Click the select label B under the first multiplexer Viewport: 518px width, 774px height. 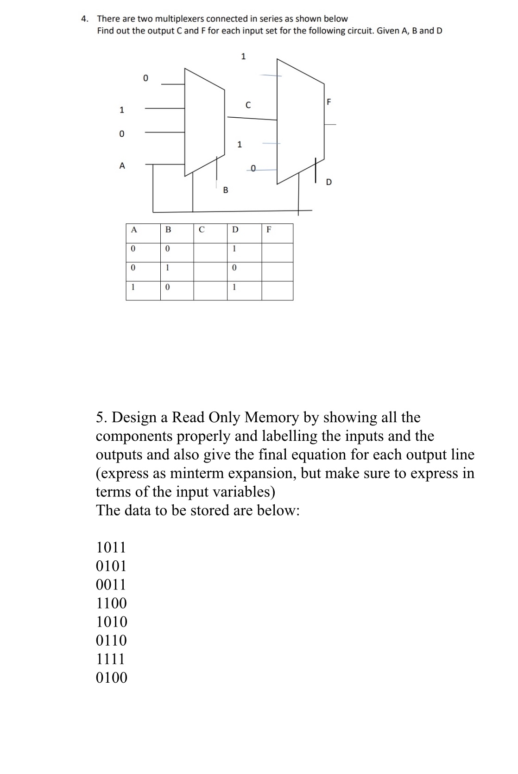pos(226,190)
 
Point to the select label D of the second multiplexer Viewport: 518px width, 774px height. pos(329,182)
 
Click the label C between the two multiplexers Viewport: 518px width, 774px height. pos(248,105)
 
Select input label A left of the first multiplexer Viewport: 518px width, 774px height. pos(122,165)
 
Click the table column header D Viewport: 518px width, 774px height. pos(235,229)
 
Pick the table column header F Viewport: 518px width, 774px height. pos(269,229)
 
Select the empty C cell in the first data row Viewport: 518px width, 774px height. pos(210,249)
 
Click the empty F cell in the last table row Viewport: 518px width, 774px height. pos(277,287)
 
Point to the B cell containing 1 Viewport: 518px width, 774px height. pos(168,268)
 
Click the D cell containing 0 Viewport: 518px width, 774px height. pos(234,268)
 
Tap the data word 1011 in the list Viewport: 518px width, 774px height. pos(111,547)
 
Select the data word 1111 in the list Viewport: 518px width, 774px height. pos(111,659)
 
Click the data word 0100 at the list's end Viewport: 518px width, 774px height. pos(111,678)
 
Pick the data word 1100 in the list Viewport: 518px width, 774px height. pos(111,603)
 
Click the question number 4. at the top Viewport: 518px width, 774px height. pos(85,19)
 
